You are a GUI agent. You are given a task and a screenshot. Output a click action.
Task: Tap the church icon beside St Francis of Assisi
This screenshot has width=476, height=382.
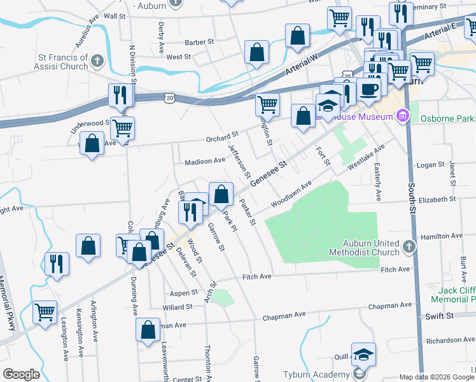[97, 61]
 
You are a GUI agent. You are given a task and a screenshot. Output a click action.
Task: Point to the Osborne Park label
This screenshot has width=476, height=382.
[447, 119]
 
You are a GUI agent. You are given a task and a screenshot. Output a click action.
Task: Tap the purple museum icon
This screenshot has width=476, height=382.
[402, 116]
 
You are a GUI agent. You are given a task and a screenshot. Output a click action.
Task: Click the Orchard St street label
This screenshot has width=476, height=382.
[221, 136]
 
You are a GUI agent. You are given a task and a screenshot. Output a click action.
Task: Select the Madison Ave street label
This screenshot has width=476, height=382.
[205, 162]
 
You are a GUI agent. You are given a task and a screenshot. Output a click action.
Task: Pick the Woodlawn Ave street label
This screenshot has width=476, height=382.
[290, 193]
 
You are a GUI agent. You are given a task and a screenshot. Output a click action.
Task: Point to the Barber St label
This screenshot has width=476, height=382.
[199, 42]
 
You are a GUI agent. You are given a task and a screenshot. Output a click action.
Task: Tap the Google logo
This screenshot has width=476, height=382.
[21, 374]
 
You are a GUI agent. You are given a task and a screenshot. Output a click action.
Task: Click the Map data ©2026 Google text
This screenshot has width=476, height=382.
[436, 377]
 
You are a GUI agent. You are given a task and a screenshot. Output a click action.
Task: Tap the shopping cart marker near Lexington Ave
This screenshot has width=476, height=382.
[45, 312]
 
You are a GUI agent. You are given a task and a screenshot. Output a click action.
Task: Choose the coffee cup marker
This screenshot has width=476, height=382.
[368, 88]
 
